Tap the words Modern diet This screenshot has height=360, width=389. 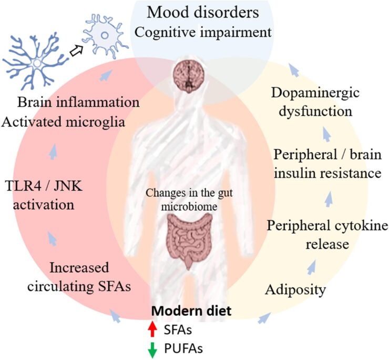pyautogui.click(x=191, y=311)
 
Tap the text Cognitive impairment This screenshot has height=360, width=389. pyautogui.click(x=203, y=32)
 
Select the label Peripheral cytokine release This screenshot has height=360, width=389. pyautogui.click(x=327, y=235)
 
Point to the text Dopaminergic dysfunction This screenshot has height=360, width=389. pyautogui.click(x=315, y=102)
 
